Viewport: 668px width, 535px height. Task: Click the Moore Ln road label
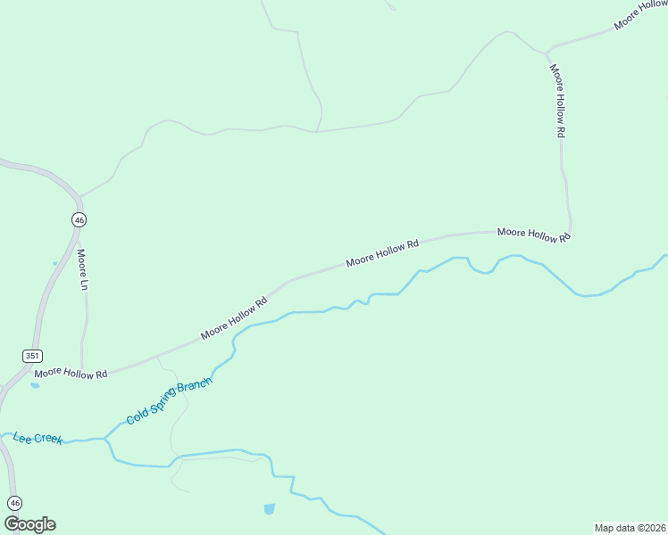click(82, 263)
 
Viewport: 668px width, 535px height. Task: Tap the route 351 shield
click(32, 355)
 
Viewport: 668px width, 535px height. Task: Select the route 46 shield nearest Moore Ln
click(79, 219)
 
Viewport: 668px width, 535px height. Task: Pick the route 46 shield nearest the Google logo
click(13, 502)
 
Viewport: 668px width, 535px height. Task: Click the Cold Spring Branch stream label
click(169, 401)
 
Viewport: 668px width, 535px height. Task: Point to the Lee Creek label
click(38, 438)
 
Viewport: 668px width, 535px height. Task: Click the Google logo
click(29, 524)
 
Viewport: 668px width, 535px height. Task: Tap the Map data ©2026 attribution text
click(630, 527)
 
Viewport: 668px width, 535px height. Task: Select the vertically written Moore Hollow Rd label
click(558, 100)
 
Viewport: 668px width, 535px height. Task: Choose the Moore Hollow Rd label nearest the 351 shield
click(71, 372)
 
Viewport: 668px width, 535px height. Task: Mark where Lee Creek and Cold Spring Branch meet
click(105, 439)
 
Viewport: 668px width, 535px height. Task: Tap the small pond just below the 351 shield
click(35, 386)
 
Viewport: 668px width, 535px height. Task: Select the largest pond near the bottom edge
click(269, 509)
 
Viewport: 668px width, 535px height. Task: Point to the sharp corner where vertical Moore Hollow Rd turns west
click(569, 230)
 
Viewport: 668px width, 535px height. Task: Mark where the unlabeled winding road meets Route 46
click(79, 196)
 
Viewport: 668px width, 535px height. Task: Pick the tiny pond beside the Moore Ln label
click(54, 263)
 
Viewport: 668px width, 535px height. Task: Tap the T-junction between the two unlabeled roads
click(317, 132)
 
